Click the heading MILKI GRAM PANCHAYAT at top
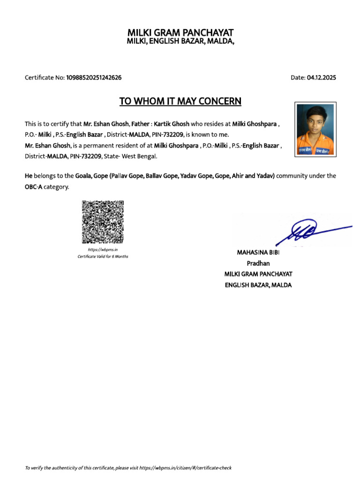180,32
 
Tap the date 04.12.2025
322,78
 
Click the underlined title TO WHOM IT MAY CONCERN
180,101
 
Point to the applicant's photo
315,129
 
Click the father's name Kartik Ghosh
172,124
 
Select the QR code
103,222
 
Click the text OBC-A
34,187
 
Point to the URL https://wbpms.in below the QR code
99,250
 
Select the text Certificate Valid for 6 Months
103,257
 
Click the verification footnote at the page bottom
128,468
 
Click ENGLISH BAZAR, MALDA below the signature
258,285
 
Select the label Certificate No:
45,78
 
